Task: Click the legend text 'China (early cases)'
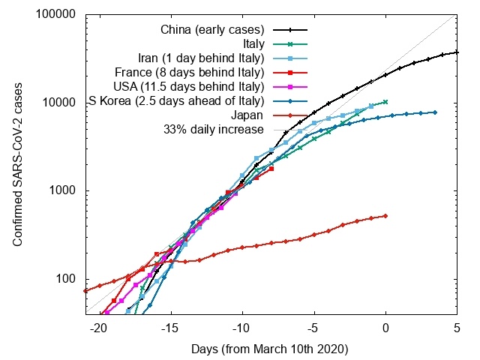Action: coord(213,30)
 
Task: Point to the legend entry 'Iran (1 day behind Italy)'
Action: coord(202,58)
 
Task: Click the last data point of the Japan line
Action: coord(385,216)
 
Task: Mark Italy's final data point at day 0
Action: coord(385,102)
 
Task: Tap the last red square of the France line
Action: coord(271,169)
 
